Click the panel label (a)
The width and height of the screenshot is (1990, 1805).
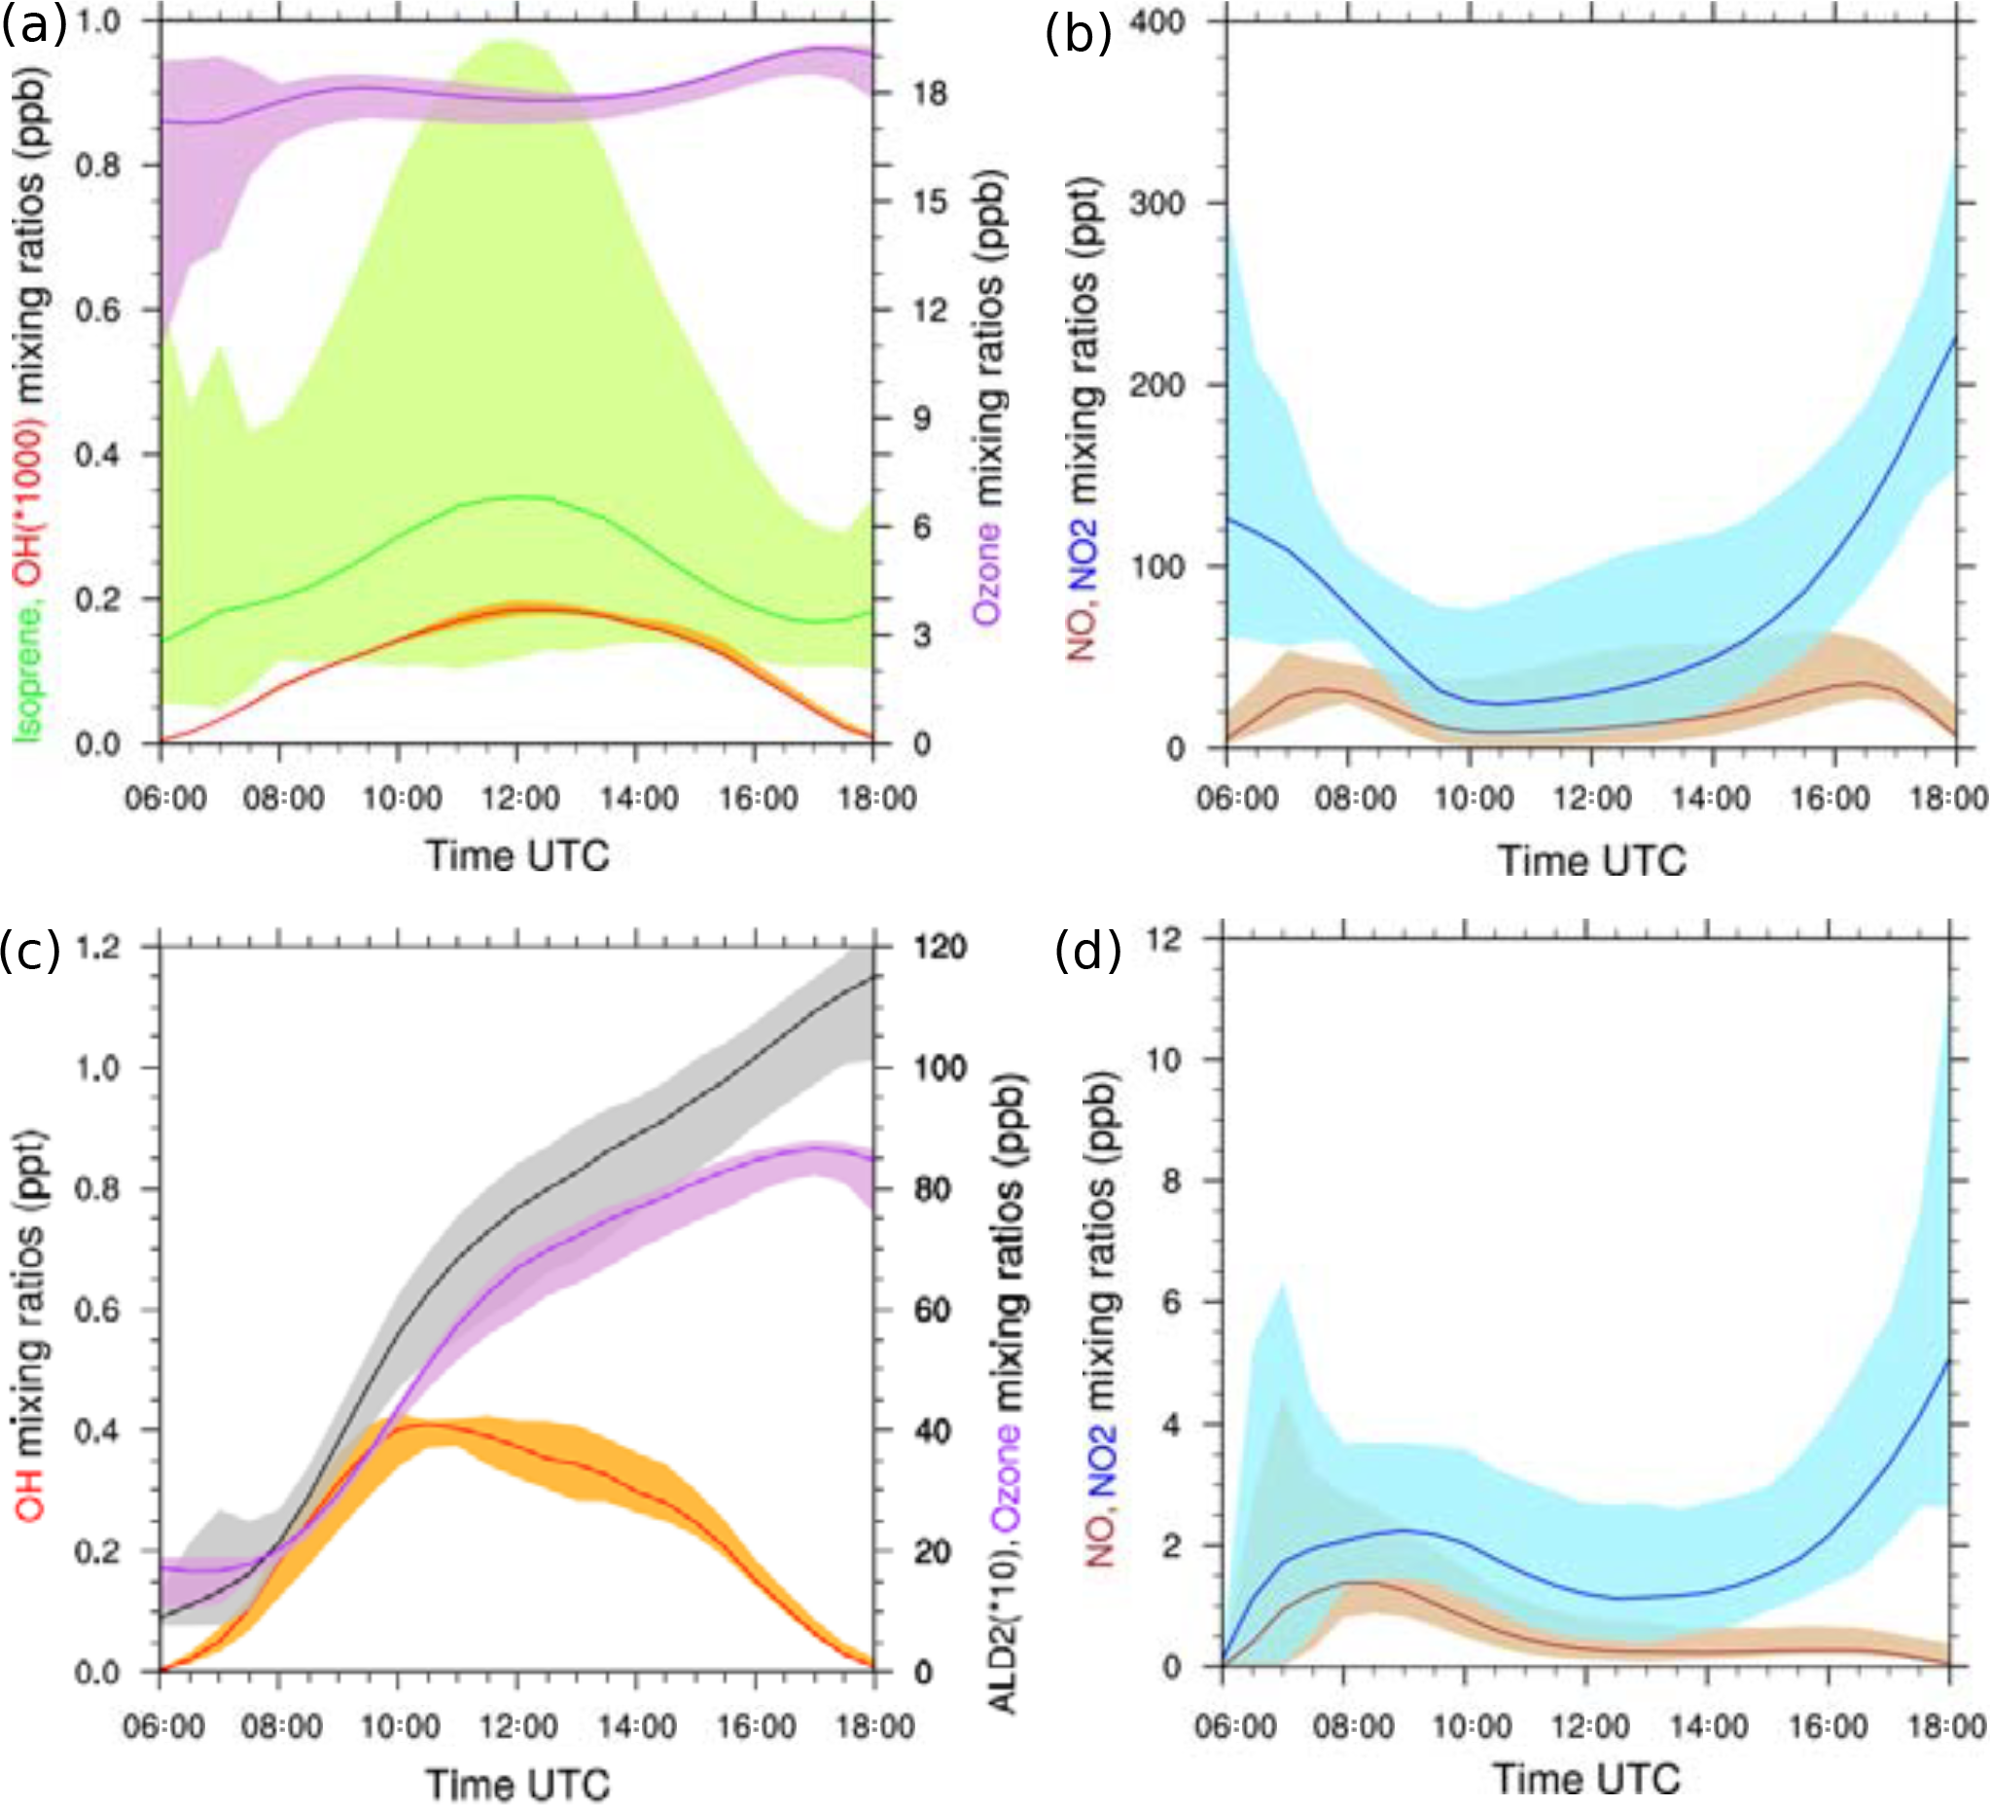coord(34,24)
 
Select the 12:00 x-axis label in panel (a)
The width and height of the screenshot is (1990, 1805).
coord(520,797)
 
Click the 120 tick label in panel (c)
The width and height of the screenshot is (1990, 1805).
coord(939,947)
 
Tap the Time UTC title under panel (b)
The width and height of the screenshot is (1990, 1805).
coord(1591,861)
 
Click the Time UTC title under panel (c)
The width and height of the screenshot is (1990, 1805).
coord(518,1785)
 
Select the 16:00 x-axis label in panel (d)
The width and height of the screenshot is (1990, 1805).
coord(1828,1726)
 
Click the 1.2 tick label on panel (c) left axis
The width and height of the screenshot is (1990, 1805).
coord(97,947)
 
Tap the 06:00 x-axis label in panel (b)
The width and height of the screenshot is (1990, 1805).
coord(1237,797)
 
